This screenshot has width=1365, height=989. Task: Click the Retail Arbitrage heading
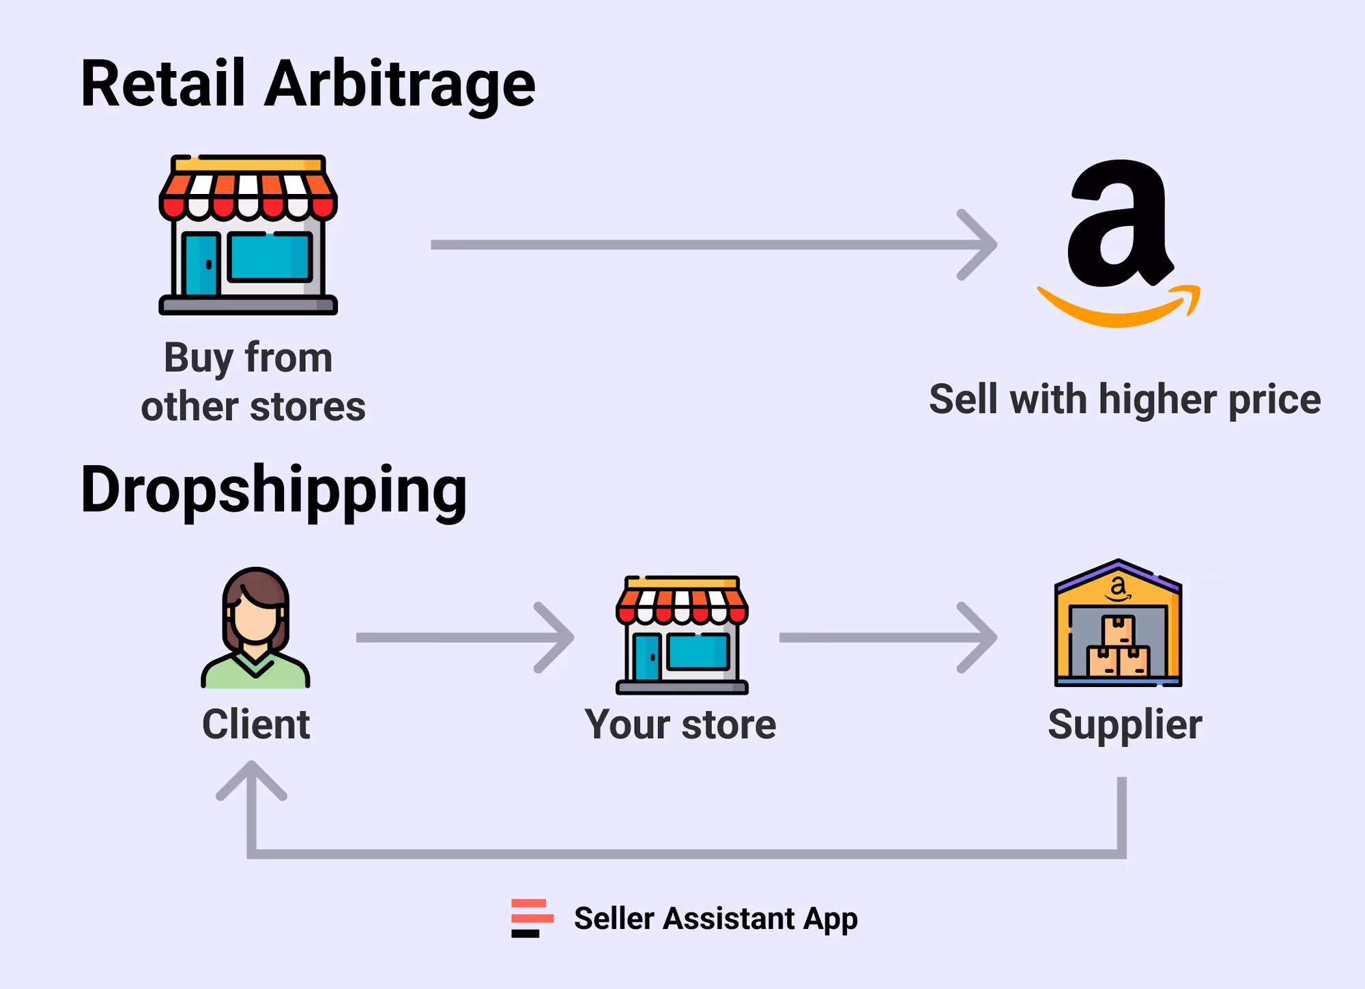click(x=308, y=83)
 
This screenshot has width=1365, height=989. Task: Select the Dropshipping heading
click(x=274, y=490)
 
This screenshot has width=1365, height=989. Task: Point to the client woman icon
click(x=256, y=628)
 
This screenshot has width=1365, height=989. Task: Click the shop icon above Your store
click(x=682, y=635)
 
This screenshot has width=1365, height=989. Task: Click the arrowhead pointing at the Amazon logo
click(x=980, y=245)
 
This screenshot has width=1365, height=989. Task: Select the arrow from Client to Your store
click(x=464, y=637)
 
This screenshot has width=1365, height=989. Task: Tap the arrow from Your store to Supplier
click(x=887, y=637)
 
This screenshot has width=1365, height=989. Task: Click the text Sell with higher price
click(x=1125, y=399)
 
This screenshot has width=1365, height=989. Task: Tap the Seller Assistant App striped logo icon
click(x=532, y=918)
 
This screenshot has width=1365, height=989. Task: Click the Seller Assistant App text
click(x=715, y=918)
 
